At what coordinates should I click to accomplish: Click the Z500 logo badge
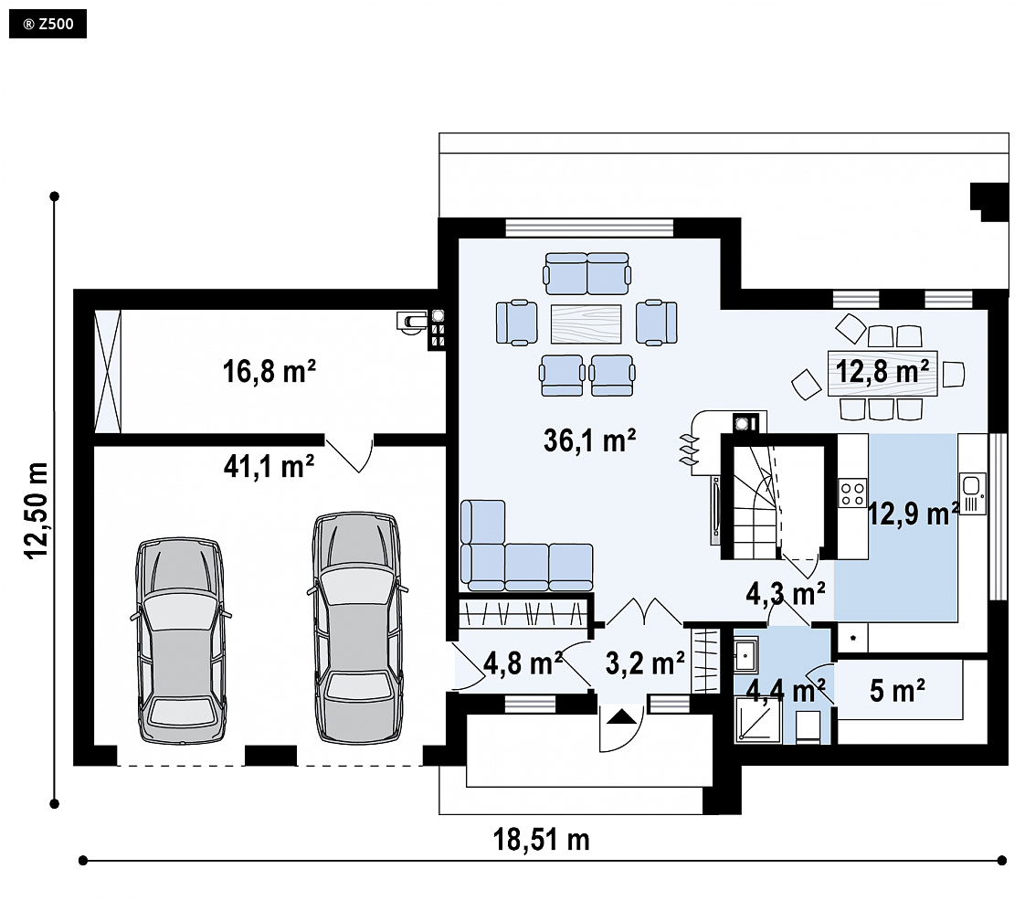pyautogui.click(x=48, y=25)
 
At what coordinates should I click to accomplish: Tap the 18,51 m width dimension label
pyautogui.click(x=541, y=840)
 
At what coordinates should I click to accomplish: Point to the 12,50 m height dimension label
pyautogui.click(x=37, y=511)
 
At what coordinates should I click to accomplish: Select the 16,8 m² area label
pyautogui.click(x=269, y=371)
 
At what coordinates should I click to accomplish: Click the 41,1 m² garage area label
pyautogui.click(x=269, y=467)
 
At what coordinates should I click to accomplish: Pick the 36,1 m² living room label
pyautogui.click(x=589, y=440)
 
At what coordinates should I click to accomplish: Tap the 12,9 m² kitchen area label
pyautogui.click(x=914, y=514)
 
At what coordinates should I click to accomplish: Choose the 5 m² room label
pyautogui.click(x=897, y=691)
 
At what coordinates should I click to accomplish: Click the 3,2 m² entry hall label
pyautogui.click(x=645, y=663)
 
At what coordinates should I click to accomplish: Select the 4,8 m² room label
pyautogui.click(x=523, y=663)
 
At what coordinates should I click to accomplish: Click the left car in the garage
pyautogui.click(x=181, y=641)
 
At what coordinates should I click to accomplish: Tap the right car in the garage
pyautogui.click(x=357, y=628)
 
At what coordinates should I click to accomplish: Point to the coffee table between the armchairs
pyautogui.click(x=586, y=323)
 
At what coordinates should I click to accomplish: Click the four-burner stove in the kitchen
pyautogui.click(x=852, y=493)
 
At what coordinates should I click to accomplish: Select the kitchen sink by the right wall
pyautogui.click(x=972, y=493)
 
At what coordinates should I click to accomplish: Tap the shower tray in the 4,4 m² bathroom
pyautogui.click(x=758, y=720)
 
